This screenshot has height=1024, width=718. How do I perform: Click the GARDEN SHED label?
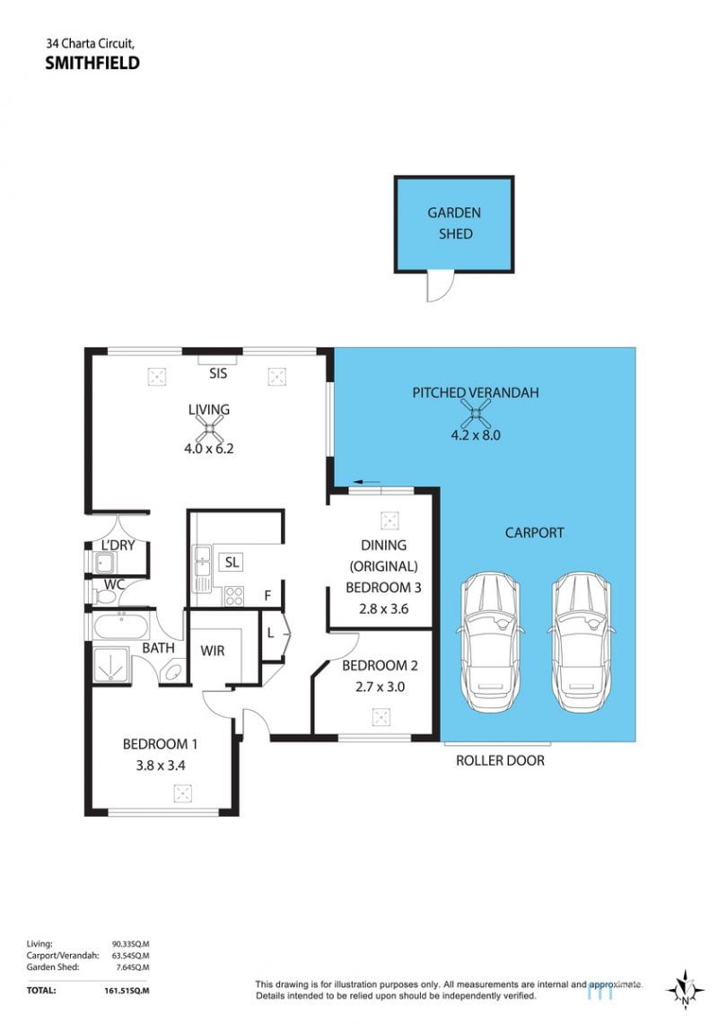455,223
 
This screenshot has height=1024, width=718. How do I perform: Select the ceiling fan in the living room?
209,429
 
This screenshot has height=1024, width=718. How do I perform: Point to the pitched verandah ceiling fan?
475,414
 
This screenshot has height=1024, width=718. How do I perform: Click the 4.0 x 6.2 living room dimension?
209,449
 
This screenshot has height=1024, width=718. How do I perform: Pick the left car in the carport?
490,643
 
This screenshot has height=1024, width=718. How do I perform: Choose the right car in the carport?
580,643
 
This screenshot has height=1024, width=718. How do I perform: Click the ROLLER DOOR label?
500,760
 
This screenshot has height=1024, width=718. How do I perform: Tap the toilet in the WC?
103,596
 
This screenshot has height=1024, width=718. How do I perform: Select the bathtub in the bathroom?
120,626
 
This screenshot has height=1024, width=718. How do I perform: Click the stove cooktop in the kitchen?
234,596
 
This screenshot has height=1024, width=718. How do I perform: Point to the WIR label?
213,651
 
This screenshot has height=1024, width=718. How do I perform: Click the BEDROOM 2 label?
380,666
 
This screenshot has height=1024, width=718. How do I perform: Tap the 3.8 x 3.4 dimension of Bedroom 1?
161,765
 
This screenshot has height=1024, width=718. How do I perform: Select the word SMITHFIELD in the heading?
92,63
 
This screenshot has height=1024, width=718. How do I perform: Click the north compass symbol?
685,990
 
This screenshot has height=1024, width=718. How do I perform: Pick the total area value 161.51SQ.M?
127,991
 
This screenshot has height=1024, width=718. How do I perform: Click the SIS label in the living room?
218,373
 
